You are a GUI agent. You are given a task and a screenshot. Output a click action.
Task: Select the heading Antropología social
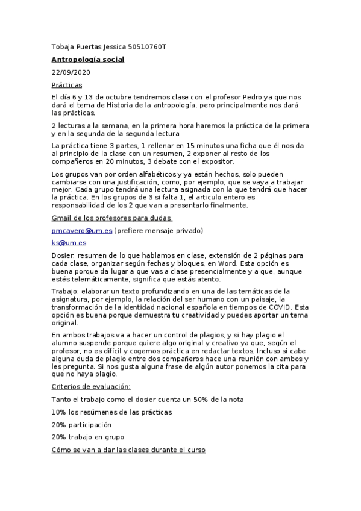[x=88, y=60]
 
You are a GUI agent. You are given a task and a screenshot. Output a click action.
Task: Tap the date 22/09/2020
[x=71, y=72]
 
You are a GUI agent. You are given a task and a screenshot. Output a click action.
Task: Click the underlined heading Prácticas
[x=67, y=85]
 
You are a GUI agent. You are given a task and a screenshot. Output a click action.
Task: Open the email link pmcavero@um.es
[x=81, y=230]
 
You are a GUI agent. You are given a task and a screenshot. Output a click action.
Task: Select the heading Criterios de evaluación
[x=91, y=386]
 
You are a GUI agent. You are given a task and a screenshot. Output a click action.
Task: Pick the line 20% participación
[x=82, y=424]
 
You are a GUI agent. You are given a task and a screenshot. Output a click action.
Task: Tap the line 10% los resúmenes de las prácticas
[x=111, y=412]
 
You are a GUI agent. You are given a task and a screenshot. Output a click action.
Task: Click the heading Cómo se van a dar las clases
[x=128, y=450]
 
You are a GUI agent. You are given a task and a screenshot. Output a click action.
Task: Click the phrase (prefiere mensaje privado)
[x=159, y=230]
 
